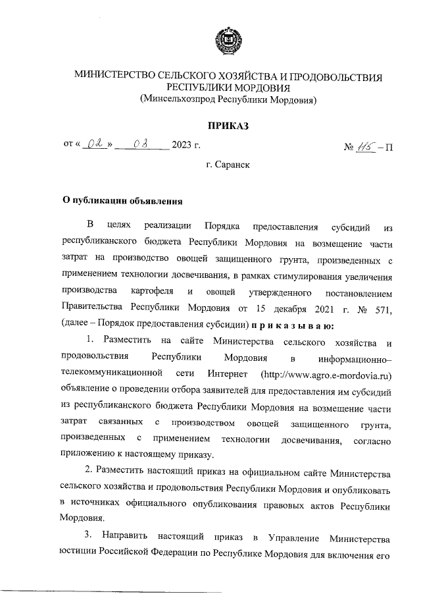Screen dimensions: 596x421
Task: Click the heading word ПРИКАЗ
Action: (x=229, y=125)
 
